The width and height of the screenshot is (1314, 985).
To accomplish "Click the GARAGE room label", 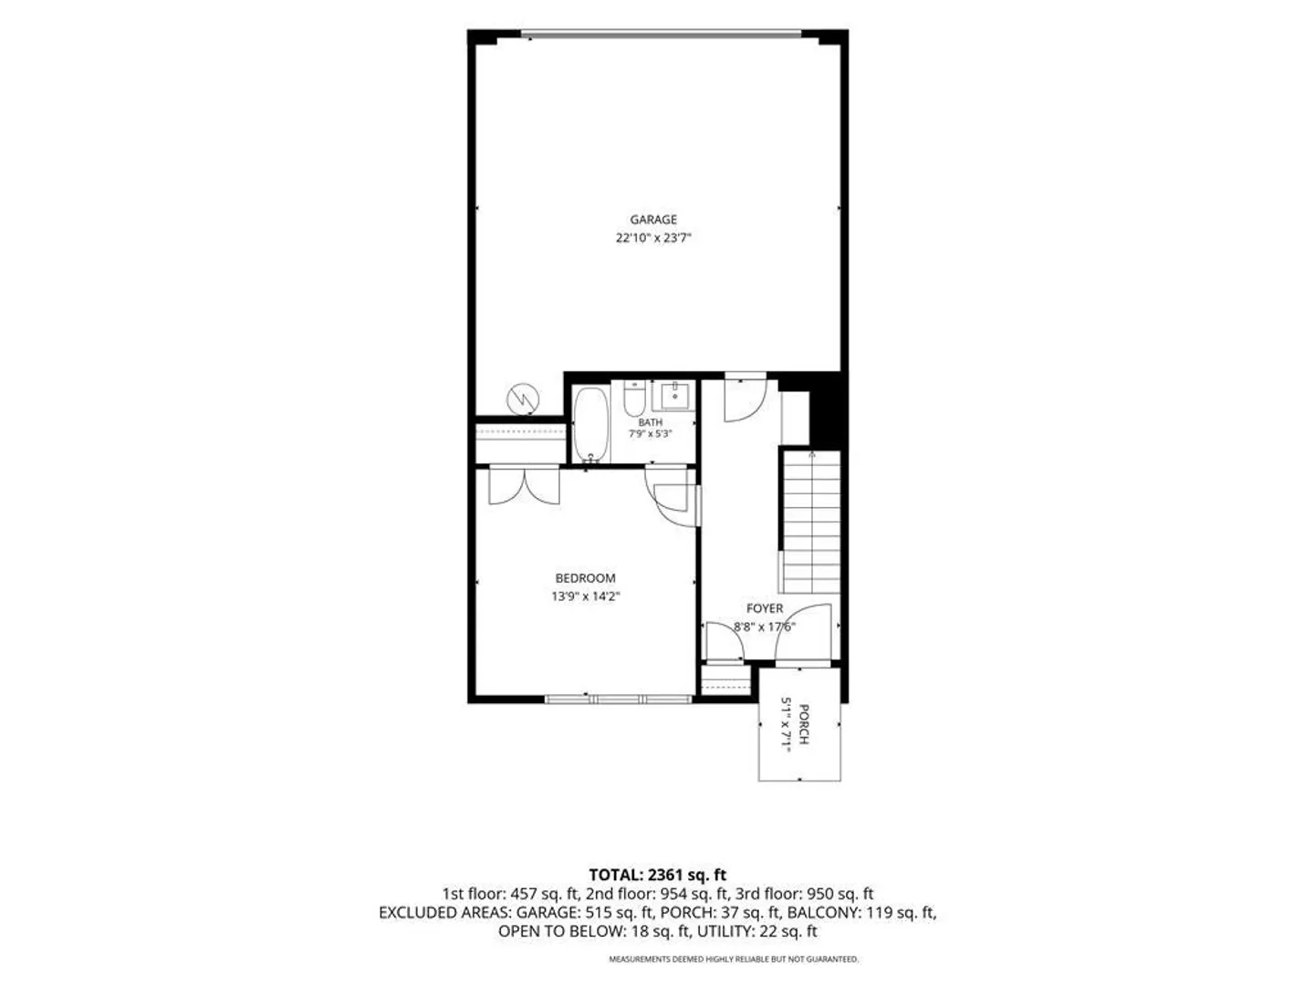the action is (653, 220).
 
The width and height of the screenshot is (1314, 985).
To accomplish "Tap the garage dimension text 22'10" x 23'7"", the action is (653, 238).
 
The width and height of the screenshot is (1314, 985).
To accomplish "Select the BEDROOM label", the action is (585, 578).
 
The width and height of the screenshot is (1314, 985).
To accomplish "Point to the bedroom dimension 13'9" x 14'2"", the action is (585, 596).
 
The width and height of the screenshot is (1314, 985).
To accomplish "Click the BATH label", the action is (650, 422).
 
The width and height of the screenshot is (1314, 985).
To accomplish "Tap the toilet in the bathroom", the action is (633, 397).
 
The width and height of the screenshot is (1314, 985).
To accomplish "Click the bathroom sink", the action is (675, 395).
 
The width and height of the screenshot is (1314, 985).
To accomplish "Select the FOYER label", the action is (765, 609).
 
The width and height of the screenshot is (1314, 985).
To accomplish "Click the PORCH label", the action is (804, 725).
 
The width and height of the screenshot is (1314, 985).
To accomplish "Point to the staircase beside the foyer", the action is (811, 522).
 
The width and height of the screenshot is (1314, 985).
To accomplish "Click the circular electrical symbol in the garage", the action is (523, 399).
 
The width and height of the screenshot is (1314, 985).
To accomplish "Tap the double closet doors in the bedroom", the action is (524, 485).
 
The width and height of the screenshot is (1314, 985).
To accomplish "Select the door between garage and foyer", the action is (745, 399).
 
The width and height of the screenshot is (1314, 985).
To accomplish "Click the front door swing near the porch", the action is (803, 633).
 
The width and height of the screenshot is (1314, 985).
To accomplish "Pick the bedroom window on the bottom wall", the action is (619, 698).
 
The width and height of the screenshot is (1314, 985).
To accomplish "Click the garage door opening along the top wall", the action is (661, 34).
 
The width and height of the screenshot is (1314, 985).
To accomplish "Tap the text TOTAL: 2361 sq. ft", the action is (657, 875).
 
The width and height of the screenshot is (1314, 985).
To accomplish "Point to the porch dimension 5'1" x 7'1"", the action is (787, 725).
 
